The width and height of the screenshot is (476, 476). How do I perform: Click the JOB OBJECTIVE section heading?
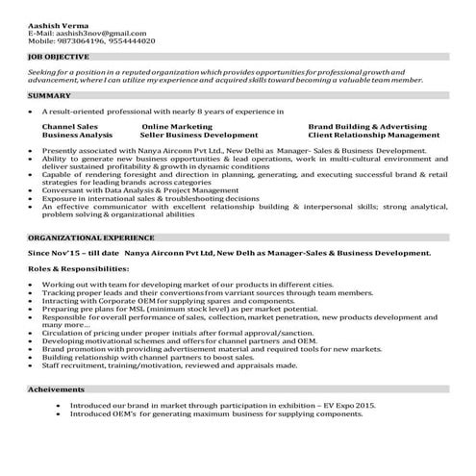click(x=56, y=58)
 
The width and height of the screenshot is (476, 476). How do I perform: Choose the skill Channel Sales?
click(x=69, y=126)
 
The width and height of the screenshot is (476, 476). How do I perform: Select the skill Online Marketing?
click(x=176, y=126)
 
